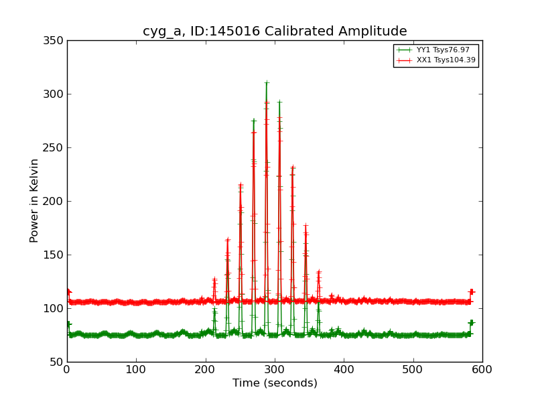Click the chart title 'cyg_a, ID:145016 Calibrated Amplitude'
[275, 31]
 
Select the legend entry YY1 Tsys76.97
[443, 50]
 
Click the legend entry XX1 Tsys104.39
[446, 60]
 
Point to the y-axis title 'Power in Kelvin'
[34, 200]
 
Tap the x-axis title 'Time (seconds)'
[275, 383]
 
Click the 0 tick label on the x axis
[67, 369]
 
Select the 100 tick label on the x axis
[136, 369]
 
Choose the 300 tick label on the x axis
[275, 369]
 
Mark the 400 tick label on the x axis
[344, 369]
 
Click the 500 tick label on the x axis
[413, 369]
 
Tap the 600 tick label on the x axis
[482, 369]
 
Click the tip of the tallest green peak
[267, 83]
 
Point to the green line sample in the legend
[403, 50]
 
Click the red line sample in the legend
[403, 60]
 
